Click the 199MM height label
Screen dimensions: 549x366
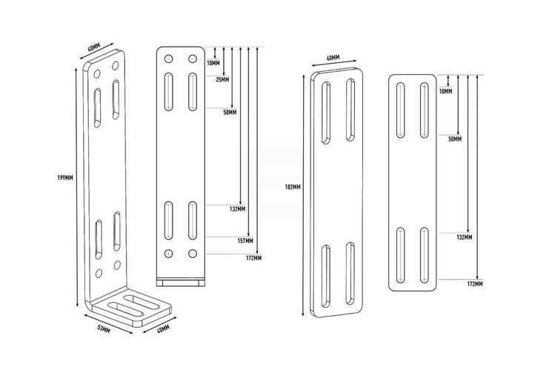(65, 178)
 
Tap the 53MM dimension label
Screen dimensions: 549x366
(104, 329)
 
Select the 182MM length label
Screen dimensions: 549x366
(293, 187)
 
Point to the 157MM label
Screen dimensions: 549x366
(245, 241)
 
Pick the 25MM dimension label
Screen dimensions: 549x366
(222, 80)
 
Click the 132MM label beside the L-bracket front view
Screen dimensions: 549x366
(237, 209)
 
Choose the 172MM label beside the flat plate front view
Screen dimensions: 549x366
(475, 284)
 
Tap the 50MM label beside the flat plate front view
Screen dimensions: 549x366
(455, 139)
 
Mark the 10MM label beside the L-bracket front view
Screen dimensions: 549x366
(213, 63)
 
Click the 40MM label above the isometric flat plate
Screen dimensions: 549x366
(333, 58)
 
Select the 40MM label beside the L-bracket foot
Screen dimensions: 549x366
(163, 329)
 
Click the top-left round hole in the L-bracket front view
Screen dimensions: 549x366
(168, 59)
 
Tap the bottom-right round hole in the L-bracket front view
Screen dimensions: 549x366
(193, 253)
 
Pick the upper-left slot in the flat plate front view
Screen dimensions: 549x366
(400, 110)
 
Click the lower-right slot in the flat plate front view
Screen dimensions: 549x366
(424, 256)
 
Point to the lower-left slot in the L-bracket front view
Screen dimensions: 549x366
(168, 221)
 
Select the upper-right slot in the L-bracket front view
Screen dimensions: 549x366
(193, 92)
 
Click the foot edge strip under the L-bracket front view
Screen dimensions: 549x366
(181, 282)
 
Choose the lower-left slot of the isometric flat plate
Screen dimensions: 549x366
(326, 276)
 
